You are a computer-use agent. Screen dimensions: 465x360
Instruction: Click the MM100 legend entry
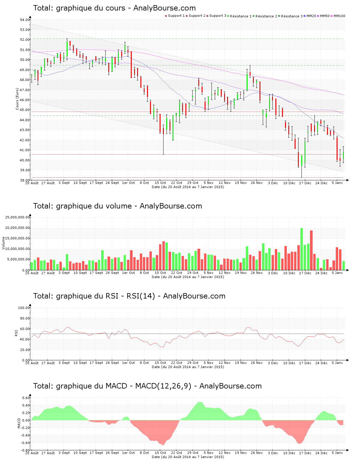339,16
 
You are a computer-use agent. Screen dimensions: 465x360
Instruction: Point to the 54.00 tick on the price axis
25,20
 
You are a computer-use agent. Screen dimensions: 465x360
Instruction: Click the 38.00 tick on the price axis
25,180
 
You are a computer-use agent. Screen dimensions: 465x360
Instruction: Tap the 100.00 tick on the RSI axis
24,308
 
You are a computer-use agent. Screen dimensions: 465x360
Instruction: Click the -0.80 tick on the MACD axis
25,450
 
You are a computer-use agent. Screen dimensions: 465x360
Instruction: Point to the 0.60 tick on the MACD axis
26,398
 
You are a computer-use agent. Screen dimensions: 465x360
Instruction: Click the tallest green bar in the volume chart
301,249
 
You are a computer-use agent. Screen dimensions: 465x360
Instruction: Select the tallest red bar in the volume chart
311,250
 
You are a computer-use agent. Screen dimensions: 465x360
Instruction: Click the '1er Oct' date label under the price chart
128,183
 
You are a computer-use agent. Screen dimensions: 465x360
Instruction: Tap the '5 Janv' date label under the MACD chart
337,453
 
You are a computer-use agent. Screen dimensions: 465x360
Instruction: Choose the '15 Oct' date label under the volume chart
160,273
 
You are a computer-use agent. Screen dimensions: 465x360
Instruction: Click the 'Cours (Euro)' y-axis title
17,99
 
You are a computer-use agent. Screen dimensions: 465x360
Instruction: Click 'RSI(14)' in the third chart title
141,296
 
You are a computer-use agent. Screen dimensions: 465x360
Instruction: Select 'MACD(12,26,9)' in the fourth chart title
163,386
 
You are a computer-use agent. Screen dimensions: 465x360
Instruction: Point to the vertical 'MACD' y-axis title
19,423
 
